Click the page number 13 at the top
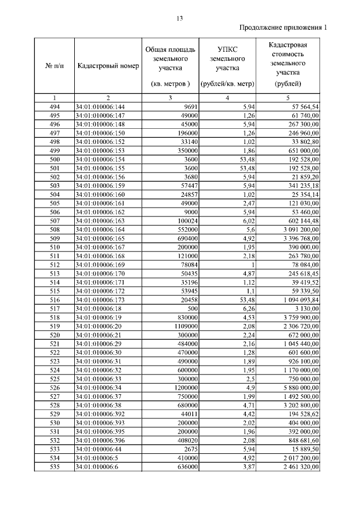[180, 19]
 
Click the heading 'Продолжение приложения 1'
[282, 28]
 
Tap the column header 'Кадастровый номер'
[106, 66]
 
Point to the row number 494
[55, 106]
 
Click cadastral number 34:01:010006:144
[100, 106]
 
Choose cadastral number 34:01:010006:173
[100, 300]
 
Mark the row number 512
[55, 264]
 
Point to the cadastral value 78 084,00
[303, 264]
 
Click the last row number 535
[55, 467]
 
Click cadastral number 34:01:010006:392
[100, 414]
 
